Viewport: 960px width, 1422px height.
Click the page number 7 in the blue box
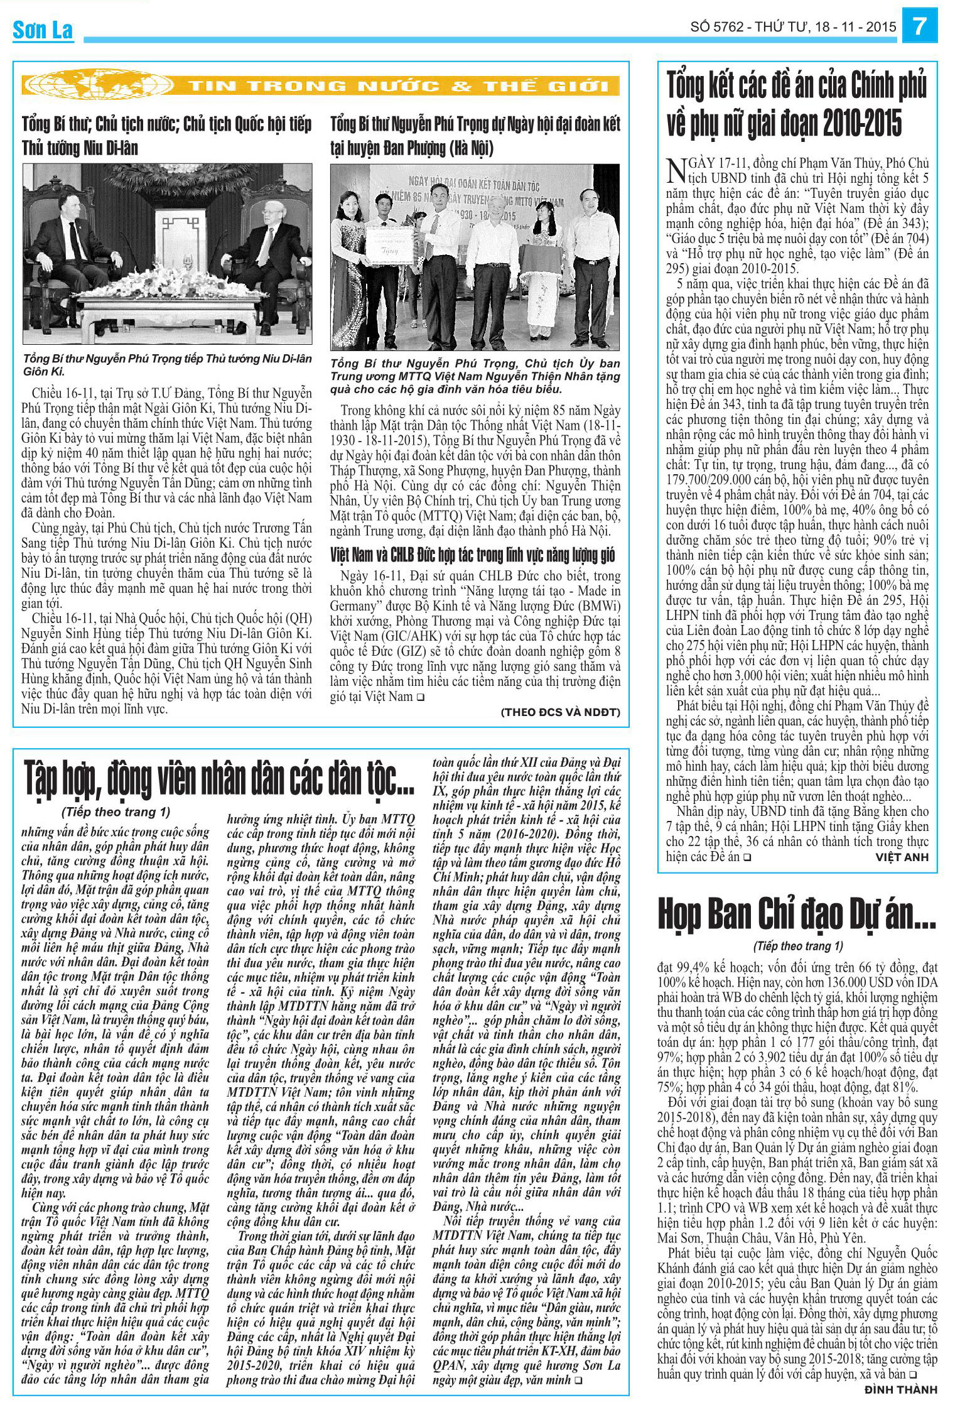click(x=920, y=26)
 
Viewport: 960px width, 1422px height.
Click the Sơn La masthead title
click(x=43, y=30)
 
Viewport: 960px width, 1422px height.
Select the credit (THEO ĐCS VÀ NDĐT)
click(x=560, y=712)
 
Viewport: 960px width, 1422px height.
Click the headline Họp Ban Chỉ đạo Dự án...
click(x=797, y=914)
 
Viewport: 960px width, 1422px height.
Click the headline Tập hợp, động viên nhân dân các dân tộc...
click(x=219, y=778)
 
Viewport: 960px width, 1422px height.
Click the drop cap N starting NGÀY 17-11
click(x=676, y=170)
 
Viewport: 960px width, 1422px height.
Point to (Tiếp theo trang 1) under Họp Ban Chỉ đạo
click(x=797, y=946)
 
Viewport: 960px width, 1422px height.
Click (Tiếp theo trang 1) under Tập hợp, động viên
click(x=116, y=812)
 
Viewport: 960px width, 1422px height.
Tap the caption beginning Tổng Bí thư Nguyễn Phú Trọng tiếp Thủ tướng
click(x=167, y=364)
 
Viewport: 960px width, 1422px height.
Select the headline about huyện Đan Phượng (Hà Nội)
click(x=475, y=136)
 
